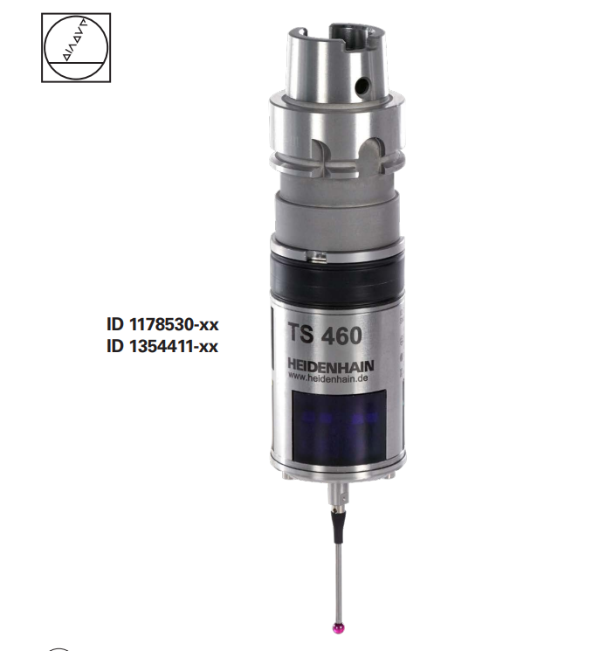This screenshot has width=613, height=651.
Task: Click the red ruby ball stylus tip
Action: tap(340, 627)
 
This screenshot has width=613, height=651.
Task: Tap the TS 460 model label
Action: tap(325, 335)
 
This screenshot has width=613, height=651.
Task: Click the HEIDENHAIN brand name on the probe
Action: tap(331, 365)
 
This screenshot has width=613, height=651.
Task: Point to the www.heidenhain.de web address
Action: tap(327, 377)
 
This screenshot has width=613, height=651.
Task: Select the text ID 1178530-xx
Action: tap(162, 324)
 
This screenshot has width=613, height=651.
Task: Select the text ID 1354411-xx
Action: tap(162, 346)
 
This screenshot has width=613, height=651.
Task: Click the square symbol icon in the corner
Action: tap(76, 47)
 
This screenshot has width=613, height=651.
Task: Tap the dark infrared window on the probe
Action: tap(340, 426)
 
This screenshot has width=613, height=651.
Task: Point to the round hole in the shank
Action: tap(362, 86)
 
